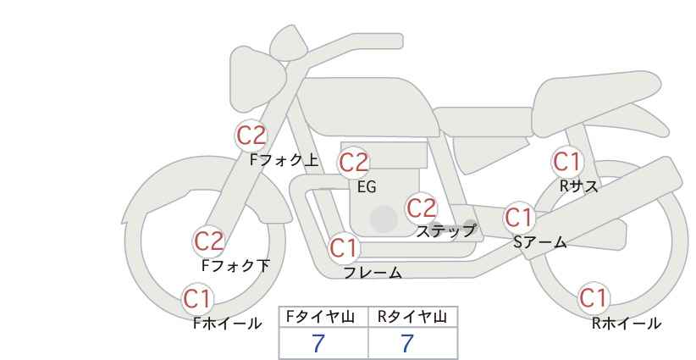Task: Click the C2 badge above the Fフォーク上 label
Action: pyautogui.click(x=251, y=136)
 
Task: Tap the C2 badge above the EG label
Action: pyautogui.click(x=354, y=163)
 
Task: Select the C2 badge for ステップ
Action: pyautogui.click(x=421, y=208)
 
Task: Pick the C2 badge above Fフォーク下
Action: pyautogui.click(x=208, y=241)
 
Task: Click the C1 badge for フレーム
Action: pyautogui.click(x=344, y=248)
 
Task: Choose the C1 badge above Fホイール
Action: pyautogui.click(x=197, y=299)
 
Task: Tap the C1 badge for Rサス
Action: pyautogui.click(x=567, y=162)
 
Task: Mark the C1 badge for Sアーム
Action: pyautogui.click(x=519, y=218)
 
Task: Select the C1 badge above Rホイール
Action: pyautogui.click(x=594, y=298)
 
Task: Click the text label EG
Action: pyautogui.click(x=367, y=187)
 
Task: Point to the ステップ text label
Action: pyautogui.click(x=445, y=231)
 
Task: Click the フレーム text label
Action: pyautogui.click(x=373, y=273)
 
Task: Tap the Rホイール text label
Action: pyautogui.click(x=627, y=324)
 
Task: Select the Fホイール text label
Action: pyautogui.click(x=228, y=324)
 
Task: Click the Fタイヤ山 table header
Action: pyautogui.click(x=320, y=317)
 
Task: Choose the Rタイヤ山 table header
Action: pyautogui.click(x=412, y=317)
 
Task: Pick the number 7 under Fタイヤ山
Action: pyautogui.click(x=318, y=344)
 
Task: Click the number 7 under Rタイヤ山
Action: pyautogui.click(x=407, y=344)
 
